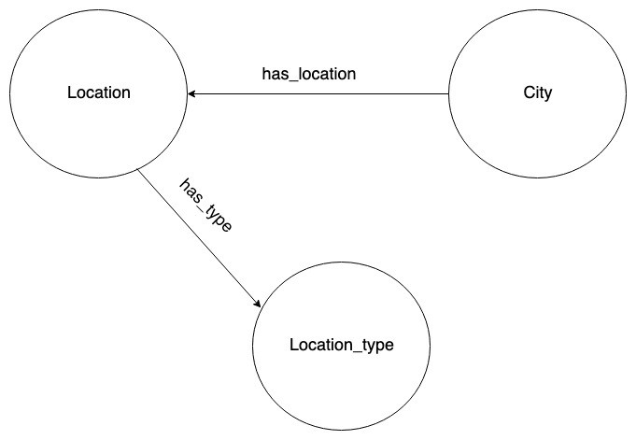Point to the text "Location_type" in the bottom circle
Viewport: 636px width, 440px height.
pyautogui.click(x=342, y=346)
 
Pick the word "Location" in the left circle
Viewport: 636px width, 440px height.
pyautogui.click(x=99, y=93)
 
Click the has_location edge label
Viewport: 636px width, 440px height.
pyautogui.click(x=309, y=74)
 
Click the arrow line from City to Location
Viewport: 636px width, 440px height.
pyautogui.click(x=318, y=94)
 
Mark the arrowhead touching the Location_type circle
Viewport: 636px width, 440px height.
pyautogui.click(x=257, y=305)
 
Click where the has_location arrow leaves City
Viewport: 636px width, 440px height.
pyautogui.click(x=449, y=94)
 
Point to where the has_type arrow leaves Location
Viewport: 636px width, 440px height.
pyautogui.click(x=138, y=171)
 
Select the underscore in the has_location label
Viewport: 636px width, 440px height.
pyautogui.click(x=293, y=78)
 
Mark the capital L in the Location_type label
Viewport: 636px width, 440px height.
pyautogui.click(x=294, y=346)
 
